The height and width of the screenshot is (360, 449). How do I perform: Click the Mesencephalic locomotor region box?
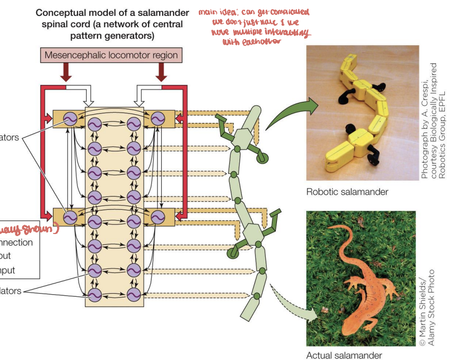click(111, 55)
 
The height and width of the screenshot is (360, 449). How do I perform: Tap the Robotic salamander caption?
click(347, 192)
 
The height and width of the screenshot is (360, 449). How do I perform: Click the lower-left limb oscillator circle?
click(70, 218)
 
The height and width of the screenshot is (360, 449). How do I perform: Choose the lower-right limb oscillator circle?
click(157, 218)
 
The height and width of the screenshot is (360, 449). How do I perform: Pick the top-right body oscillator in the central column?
click(134, 124)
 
